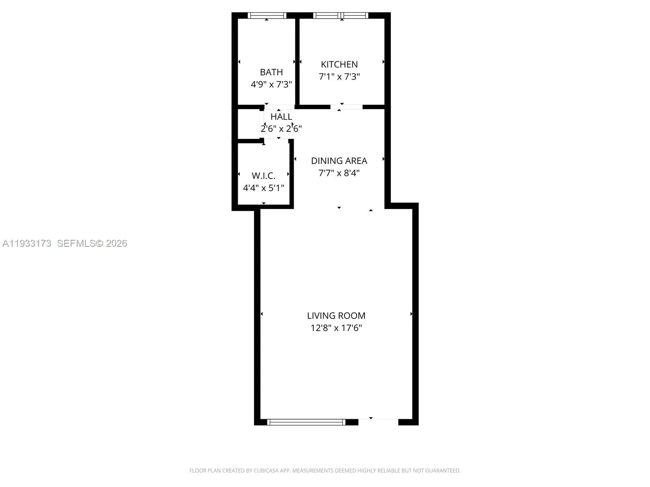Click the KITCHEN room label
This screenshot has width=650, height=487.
point(339,64)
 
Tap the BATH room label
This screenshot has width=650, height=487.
point(271,72)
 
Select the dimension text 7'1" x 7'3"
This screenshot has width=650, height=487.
point(339,77)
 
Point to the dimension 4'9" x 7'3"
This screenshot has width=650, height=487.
point(271,84)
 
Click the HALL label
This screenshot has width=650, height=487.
point(281,116)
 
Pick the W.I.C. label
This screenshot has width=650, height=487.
point(264,176)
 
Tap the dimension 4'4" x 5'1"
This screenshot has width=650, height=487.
point(264,188)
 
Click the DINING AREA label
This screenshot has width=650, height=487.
point(339,161)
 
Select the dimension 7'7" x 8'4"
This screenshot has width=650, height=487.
point(339,173)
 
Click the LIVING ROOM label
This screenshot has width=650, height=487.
point(336,315)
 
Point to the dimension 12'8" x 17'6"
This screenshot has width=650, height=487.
point(336,328)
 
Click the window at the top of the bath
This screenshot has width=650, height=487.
point(267,15)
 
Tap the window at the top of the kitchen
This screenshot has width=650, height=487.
point(341,15)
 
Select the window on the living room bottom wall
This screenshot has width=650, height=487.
point(306,422)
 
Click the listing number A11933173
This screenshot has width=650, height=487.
point(27,243)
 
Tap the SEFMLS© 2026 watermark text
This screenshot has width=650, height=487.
point(92,243)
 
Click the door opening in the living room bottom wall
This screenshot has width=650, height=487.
point(378,422)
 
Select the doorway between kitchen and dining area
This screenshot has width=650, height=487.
point(346,107)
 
